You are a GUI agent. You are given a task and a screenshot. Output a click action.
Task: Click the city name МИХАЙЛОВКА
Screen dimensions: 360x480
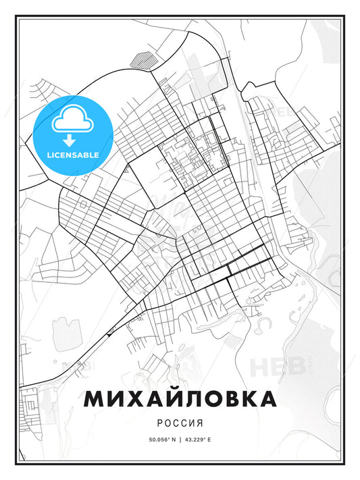coord(180,399)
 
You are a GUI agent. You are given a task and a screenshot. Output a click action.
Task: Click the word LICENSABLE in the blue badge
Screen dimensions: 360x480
coord(72,155)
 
